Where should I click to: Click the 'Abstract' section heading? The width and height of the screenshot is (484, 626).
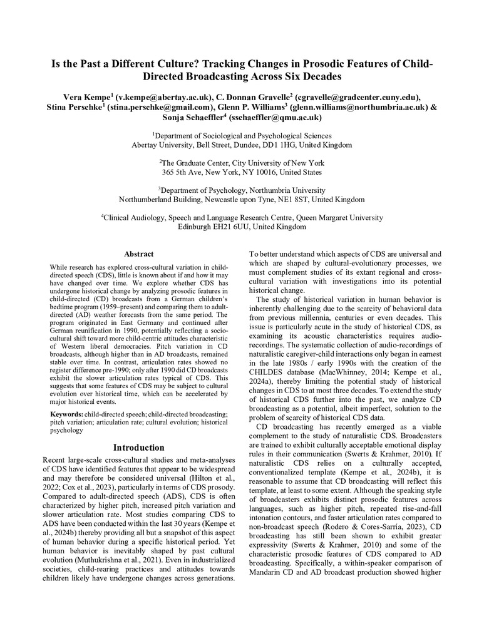coord(139,254)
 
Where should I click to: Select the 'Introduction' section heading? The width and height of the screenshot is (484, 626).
coord(139,448)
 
